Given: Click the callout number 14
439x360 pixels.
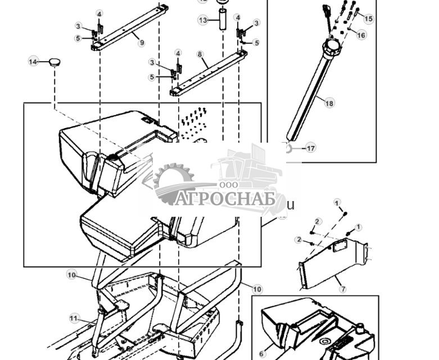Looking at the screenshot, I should click(33, 61).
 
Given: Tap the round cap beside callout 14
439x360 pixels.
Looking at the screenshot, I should click(54, 62).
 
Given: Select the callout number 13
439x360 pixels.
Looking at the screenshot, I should click(203, 20).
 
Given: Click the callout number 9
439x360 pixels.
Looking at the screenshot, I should click(141, 43).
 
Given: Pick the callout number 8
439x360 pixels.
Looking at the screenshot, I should click(200, 54).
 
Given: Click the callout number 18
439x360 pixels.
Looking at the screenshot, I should click(329, 103).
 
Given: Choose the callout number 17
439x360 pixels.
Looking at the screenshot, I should click(310, 148).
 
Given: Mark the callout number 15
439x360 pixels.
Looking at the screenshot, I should click(368, 19).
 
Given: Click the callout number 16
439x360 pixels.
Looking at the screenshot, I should click(361, 35).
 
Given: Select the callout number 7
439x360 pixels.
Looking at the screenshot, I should click(342, 289).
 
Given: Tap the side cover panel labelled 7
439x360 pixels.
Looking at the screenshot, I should click(332, 261).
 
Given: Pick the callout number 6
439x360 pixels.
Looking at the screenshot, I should click(262, 339).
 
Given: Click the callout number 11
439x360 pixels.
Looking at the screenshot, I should click(74, 318).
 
